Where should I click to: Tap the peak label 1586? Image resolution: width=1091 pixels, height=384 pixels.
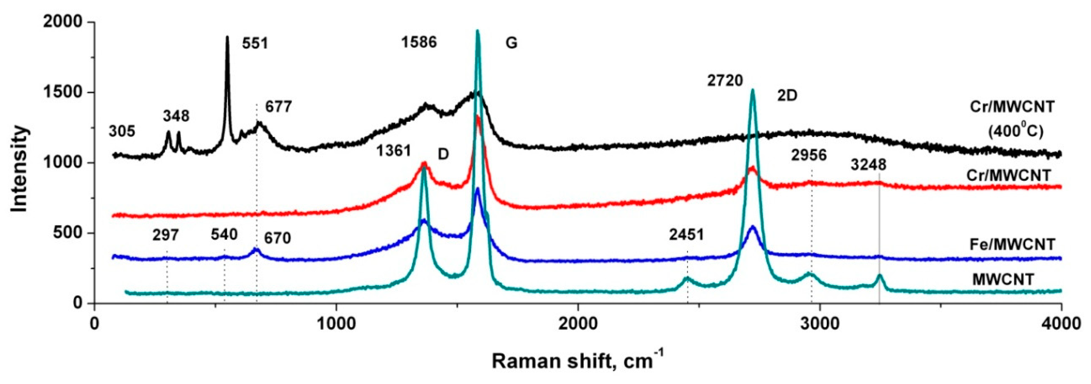419,42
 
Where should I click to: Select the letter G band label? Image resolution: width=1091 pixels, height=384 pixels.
512,43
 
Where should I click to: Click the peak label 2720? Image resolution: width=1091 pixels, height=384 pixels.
725,81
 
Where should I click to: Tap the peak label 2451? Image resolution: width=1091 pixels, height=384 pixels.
687,234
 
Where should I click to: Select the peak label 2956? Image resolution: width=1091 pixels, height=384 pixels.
809,155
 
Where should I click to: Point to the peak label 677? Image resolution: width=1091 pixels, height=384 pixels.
279,106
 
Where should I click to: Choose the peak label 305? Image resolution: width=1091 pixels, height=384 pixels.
122,132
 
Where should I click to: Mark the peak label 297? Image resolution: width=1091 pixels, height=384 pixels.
166,234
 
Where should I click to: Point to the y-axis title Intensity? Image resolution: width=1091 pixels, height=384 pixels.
19,169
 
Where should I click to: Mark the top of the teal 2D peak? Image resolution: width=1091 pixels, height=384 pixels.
753,89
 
